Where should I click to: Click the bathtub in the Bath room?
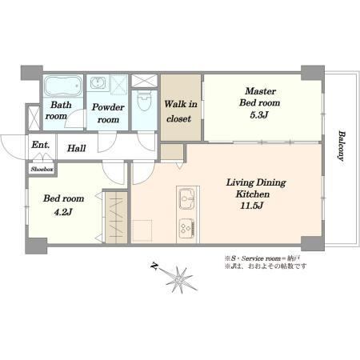[x=63, y=86]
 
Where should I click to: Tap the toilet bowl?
[x=144, y=101]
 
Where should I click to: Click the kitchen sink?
[x=187, y=198]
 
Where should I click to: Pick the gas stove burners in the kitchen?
[x=187, y=228]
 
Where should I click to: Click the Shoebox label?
[x=42, y=170]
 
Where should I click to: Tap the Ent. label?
[x=41, y=145]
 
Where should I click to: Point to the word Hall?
[x=77, y=148]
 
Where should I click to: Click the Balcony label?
[x=341, y=146]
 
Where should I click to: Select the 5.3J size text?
[x=259, y=115]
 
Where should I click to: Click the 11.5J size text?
[x=252, y=206]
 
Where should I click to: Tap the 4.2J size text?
[x=63, y=212]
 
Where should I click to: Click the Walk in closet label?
[x=181, y=111]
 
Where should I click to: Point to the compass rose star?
[x=179, y=279]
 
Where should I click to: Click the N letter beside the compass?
[x=154, y=266]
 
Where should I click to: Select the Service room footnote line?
[x=263, y=258]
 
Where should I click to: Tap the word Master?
[x=260, y=91]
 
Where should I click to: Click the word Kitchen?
[x=253, y=194]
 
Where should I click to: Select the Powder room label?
[x=108, y=114]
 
